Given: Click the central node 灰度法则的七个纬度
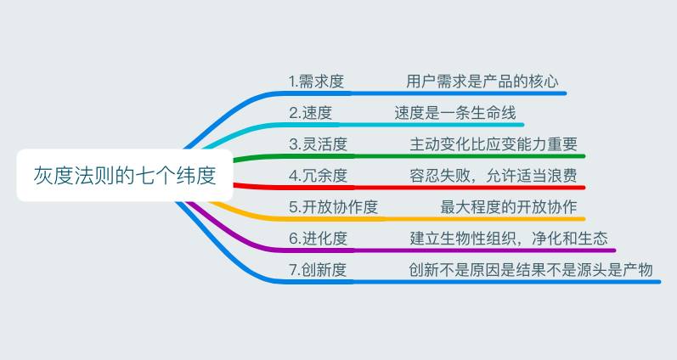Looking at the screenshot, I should coord(124,176).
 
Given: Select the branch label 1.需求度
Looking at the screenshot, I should coord(316,82).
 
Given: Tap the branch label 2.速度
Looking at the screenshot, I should coord(310,113).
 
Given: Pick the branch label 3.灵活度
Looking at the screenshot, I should coord(318,144).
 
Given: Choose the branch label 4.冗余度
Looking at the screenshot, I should coord(318,176).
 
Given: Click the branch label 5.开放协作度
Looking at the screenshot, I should coord(333,207).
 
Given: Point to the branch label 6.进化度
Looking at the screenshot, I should coord(318,239).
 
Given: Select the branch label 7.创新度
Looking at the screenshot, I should coord(318,270).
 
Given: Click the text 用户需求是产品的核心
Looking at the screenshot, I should coord(482,82).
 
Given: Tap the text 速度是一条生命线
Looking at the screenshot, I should coord(454,113).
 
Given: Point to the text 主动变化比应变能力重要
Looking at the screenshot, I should coord(493,144).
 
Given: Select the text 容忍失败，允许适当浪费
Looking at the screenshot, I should coord(493,176).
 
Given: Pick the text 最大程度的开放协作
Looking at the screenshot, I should coord(508,207).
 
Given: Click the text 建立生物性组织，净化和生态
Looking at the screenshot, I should coord(508,239).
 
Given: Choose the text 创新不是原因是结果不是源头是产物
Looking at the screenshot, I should coord(530,270).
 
